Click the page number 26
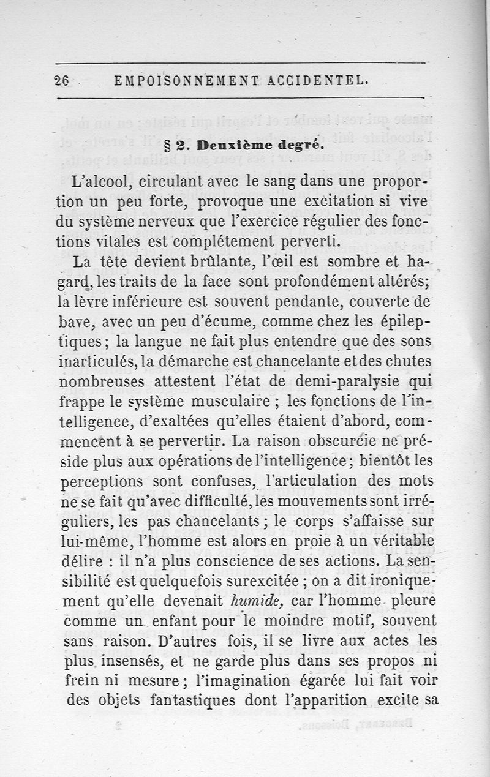(61, 80)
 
